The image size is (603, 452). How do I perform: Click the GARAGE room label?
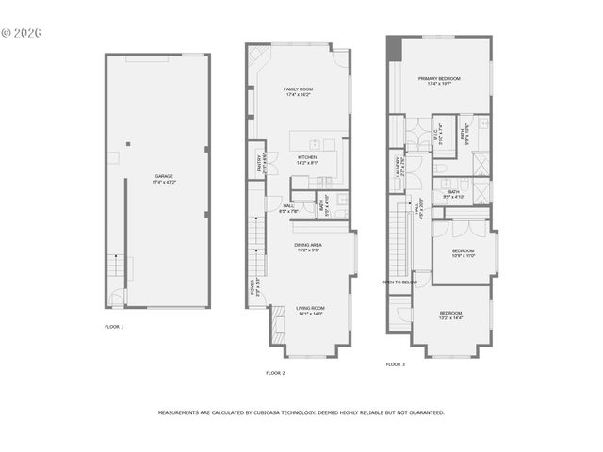tap(164, 178)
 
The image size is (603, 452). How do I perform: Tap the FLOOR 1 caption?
tap(114, 326)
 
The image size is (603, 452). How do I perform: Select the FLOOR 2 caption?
tap(275, 373)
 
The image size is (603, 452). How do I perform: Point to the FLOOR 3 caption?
tap(396, 363)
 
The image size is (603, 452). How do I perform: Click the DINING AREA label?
tap(308, 246)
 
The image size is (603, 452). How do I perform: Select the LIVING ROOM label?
tap(310, 309)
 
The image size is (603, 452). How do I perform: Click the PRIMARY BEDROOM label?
tap(440, 80)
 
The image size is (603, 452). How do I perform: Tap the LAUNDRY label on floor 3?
tap(398, 167)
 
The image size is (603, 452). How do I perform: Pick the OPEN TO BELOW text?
tap(399, 282)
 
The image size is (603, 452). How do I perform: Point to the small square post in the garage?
tap(130, 144)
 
